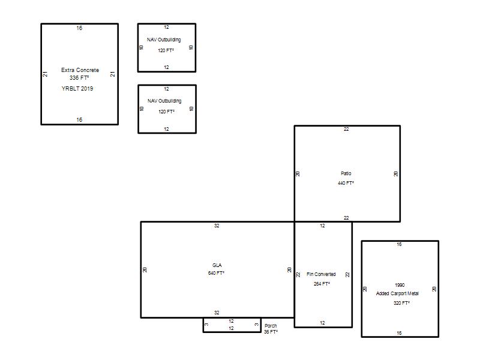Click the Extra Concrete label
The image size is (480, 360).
click(80, 70)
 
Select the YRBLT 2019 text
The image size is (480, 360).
click(77, 88)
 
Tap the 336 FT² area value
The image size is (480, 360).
click(79, 78)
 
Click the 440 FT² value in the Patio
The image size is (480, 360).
click(346, 183)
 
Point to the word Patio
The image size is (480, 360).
click(346, 173)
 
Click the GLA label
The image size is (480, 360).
click(217, 265)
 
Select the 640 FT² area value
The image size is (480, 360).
click(216, 273)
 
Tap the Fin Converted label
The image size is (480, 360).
click(321, 274)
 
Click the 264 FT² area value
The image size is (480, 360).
click(322, 284)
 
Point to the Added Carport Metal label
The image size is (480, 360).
click(397, 293)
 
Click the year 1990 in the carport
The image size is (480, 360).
click(400, 285)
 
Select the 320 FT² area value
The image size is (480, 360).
click(401, 303)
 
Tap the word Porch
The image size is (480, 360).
click(271, 326)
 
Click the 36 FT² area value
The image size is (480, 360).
click(271, 332)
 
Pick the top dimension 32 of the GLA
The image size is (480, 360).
click(217, 226)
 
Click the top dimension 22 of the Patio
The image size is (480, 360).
click(346, 129)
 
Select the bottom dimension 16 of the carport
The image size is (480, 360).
click(399, 333)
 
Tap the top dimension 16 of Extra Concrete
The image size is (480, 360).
click(79, 28)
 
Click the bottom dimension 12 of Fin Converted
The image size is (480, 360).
click(322, 323)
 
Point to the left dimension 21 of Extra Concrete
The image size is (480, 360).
click(46, 74)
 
